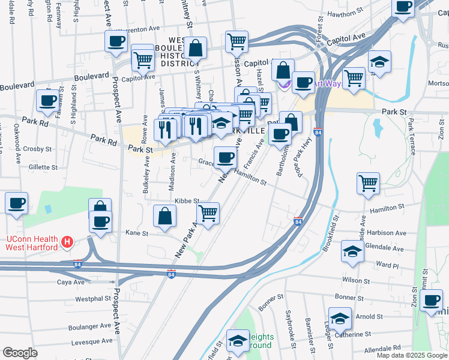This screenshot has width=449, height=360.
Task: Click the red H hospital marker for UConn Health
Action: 67,242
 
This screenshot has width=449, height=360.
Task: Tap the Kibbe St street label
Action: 187,202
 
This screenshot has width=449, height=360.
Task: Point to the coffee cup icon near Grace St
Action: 225,158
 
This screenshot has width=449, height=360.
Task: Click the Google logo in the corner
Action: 20,353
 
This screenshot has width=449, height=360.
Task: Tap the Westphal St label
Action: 93,298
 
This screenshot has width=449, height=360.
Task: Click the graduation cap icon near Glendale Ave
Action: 352,251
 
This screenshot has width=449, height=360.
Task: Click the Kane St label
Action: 136,233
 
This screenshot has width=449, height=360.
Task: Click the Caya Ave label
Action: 71,281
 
